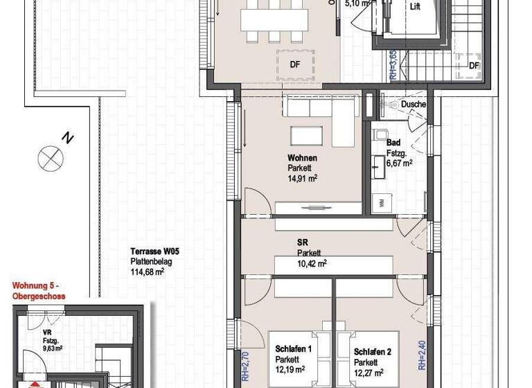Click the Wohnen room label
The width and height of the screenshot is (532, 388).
point(302,158)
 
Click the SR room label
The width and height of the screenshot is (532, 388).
point(303,243)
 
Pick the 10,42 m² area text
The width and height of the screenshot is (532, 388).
point(312,263)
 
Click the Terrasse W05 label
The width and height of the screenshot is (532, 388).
point(152,252)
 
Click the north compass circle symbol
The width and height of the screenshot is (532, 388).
point(50,158)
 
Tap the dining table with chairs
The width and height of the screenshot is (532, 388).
point(274,20)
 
